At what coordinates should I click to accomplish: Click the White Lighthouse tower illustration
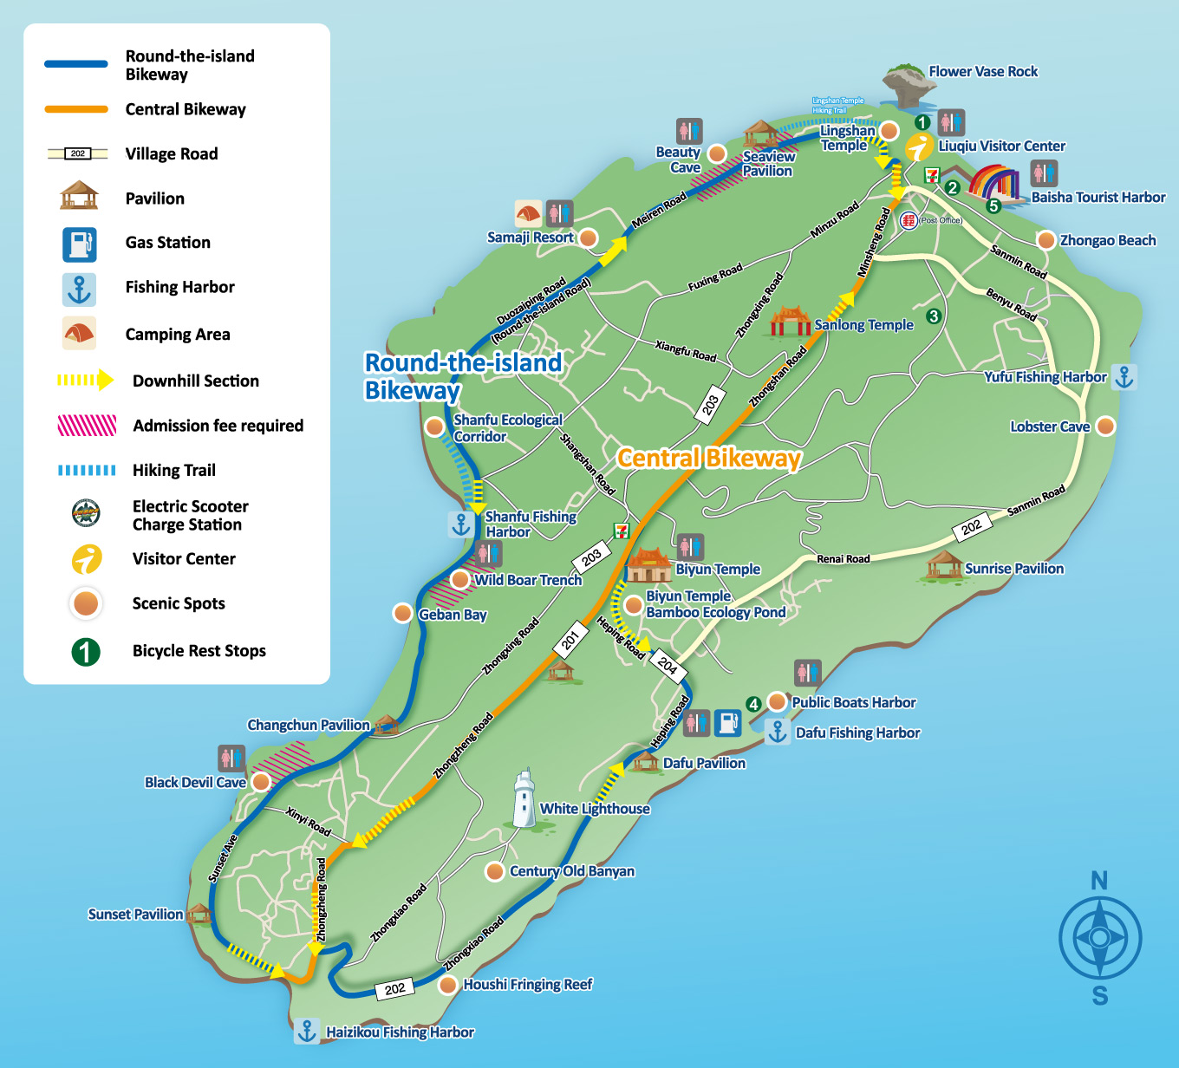click(524, 798)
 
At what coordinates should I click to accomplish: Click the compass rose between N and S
click(1099, 938)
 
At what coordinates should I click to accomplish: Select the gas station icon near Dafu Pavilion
click(727, 722)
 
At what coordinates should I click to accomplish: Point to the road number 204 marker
click(668, 666)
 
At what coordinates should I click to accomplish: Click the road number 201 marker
click(570, 641)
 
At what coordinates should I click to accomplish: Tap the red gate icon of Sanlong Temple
click(791, 322)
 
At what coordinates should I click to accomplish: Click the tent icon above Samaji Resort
click(528, 213)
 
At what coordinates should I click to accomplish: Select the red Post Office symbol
click(908, 220)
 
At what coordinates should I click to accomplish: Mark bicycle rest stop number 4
click(753, 704)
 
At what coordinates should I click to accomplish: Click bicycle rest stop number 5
click(993, 205)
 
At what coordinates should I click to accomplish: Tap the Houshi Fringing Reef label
click(527, 985)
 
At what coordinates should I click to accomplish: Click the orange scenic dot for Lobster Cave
click(1105, 427)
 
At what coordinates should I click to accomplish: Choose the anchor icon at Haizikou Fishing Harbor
click(306, 1032)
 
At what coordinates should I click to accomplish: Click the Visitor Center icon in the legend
click(86, 559)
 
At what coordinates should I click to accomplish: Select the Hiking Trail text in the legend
click(173, 470)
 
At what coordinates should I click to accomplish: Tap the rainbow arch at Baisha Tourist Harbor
click(995, 182)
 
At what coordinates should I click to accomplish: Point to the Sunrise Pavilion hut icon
click(943, 565)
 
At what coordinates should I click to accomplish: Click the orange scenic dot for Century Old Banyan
click(494, 871)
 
